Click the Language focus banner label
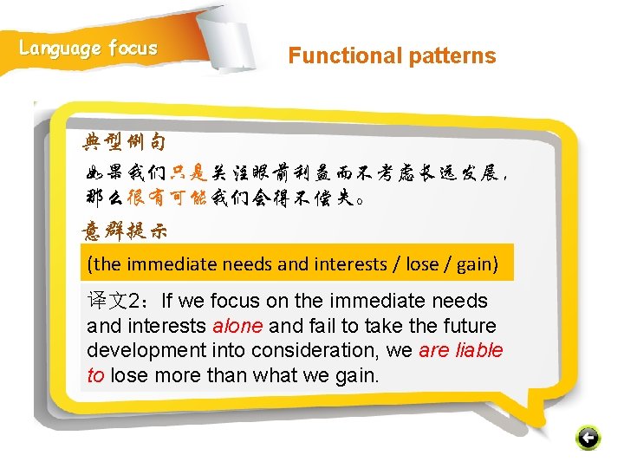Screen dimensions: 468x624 tap(88, 49)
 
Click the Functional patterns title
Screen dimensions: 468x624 tap(392, 56)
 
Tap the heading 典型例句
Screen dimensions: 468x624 tap(124, 140)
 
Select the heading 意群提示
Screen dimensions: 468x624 tap(124, 231)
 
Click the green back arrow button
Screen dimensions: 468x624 tap(588, 438)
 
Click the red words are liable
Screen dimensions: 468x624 tap(460, 351)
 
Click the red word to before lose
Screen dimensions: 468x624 tap(95, 376)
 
